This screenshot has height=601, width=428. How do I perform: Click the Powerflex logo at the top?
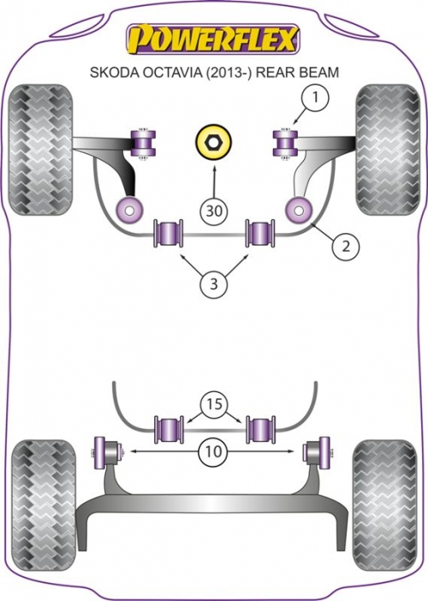[213, 39]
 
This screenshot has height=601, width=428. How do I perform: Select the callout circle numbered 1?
[315, 98]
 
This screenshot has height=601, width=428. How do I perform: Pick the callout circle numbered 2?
[345, 246]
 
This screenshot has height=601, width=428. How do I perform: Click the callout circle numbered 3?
[214, 283]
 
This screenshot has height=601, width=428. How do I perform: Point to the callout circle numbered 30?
[214, 210]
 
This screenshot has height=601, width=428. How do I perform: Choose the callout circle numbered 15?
[214, 404]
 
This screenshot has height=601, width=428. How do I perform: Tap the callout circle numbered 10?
[214, 451]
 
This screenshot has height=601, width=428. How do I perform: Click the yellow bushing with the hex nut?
[214, 143]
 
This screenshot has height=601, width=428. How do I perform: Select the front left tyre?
[40, 150]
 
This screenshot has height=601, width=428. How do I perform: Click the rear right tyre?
[384, 504]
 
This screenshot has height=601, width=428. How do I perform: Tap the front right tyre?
[388, 150]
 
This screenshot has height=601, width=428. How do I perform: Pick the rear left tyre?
[44, 504]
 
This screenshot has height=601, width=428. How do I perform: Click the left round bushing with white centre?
[130, 210]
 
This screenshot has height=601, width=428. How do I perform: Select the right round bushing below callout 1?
[300, 210]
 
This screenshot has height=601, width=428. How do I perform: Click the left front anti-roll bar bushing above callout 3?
[169, 233]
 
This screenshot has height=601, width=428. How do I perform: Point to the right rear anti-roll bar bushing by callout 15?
[260, 430]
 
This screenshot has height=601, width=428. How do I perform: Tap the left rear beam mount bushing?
[104, 452]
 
